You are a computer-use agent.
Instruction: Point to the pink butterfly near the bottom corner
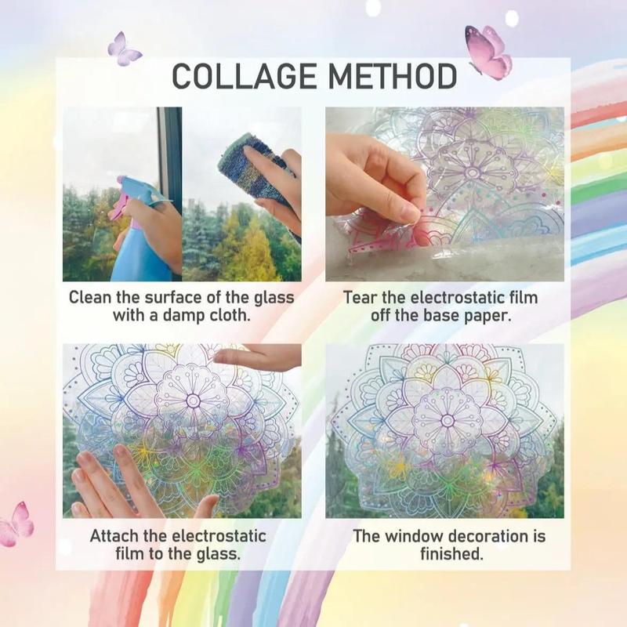(17, 524)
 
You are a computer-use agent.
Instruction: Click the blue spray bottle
(141, 235)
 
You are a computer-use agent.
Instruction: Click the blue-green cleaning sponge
(263, 169)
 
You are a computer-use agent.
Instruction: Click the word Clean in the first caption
(91, 298)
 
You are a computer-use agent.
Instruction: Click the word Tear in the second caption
(360, 298)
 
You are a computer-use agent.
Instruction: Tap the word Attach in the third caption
(116, 537)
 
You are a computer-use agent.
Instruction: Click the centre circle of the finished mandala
(448, 420)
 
